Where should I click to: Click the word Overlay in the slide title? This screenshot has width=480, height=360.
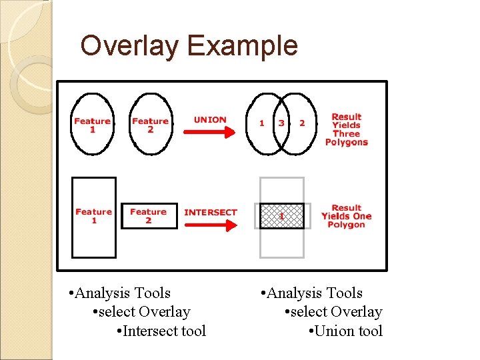click(130, 46)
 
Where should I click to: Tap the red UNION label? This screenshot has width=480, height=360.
click(210, 120)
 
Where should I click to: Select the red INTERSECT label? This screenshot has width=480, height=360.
click(211, 213)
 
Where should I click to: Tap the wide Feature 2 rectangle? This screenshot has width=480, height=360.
click(149, 216)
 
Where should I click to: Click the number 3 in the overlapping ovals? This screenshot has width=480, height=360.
click(281, 123)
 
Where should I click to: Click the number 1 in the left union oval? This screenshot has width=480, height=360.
click(261, 123)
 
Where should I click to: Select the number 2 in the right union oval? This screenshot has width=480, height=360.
click(302, 123)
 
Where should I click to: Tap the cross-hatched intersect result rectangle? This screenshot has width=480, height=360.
click(281, 216)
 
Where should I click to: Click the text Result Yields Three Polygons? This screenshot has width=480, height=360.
click(346, 129)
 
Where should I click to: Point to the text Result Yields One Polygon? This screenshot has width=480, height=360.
click(346, 216)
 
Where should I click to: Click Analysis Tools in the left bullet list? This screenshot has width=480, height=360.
click(119, 293)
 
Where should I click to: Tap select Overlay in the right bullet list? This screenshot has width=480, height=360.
click(333, 312)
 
